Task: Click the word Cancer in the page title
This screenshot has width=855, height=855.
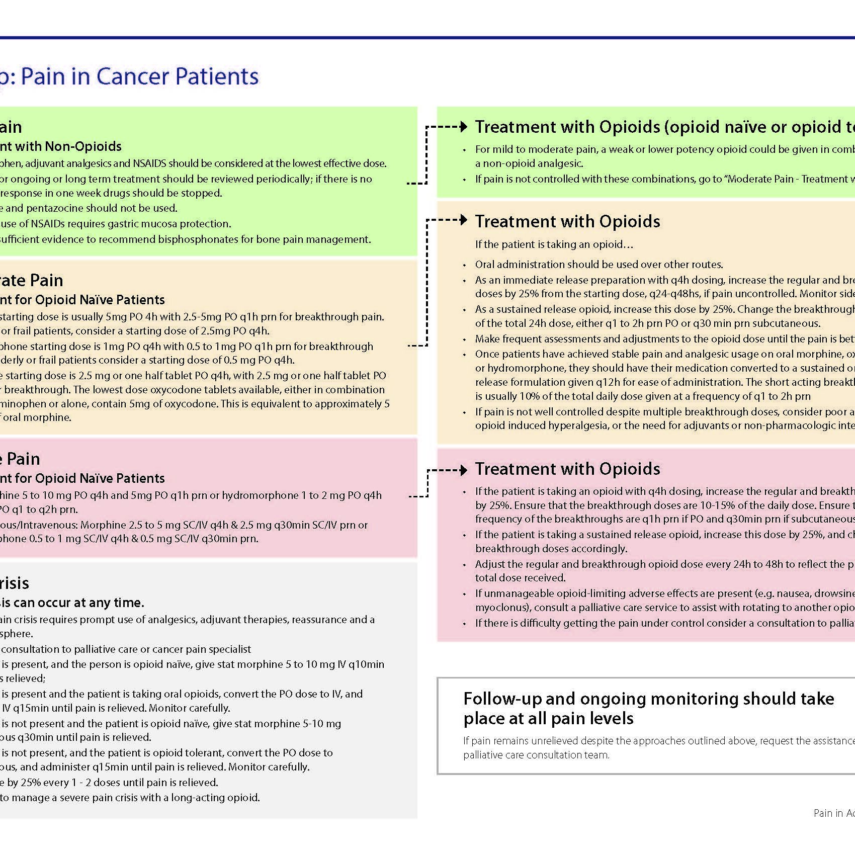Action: coord(132,76)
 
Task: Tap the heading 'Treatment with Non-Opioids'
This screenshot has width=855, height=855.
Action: coord(60,146)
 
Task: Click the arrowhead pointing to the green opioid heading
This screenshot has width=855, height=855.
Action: coord(464,127)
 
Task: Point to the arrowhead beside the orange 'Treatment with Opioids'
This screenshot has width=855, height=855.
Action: coord(464,220)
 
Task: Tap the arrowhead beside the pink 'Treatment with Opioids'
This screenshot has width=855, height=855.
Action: coord(464,471)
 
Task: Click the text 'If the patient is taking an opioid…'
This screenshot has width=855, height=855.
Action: coord(554,244)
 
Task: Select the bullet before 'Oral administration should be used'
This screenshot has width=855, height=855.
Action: coord(465,266)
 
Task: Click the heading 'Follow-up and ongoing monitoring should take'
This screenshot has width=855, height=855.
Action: coord(648,699)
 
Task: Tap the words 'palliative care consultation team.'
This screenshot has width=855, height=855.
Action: coord(536,755)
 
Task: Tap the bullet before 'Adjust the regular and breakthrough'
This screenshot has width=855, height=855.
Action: coord(465,565)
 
